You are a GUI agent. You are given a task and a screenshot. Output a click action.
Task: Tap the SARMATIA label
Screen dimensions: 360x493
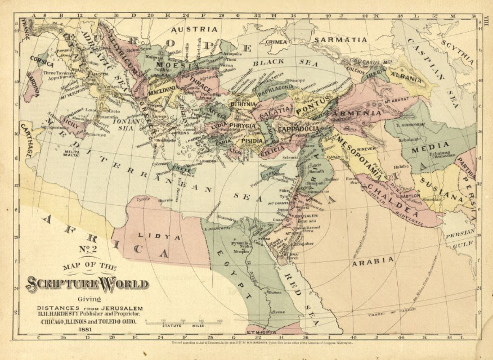click(x=340, y=40)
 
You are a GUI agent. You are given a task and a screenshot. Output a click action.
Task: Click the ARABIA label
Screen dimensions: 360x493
click(x=373, y=260)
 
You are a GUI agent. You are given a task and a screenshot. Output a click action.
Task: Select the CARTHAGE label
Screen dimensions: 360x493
click(x=26, y=139)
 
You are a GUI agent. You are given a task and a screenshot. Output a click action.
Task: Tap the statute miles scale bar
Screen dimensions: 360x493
click(x=184, y=322)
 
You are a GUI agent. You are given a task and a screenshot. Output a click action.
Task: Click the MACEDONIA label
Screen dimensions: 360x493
click(x=147, y=90)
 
